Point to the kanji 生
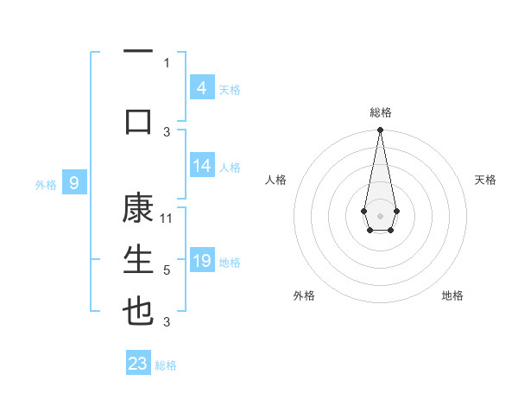tap(138, 259)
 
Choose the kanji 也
tap(138, 310)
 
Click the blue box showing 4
tap(201, 87)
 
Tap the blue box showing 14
tap(201, 166)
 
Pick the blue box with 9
tap(74, 182)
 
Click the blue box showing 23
tap(138, 364)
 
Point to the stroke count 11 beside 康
tap(167, 219)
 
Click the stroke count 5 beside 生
tap(167, 270)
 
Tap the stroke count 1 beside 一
tap(167, 62)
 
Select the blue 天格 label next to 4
tap(230, 89)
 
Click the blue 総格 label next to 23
tap(166, 365)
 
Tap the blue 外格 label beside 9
tap(45, 184)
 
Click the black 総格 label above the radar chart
tap(380, 112)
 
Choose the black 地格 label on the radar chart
tap(452, 295)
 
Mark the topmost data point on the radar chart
tap(380, 130)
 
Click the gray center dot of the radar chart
tap(380, 215)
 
